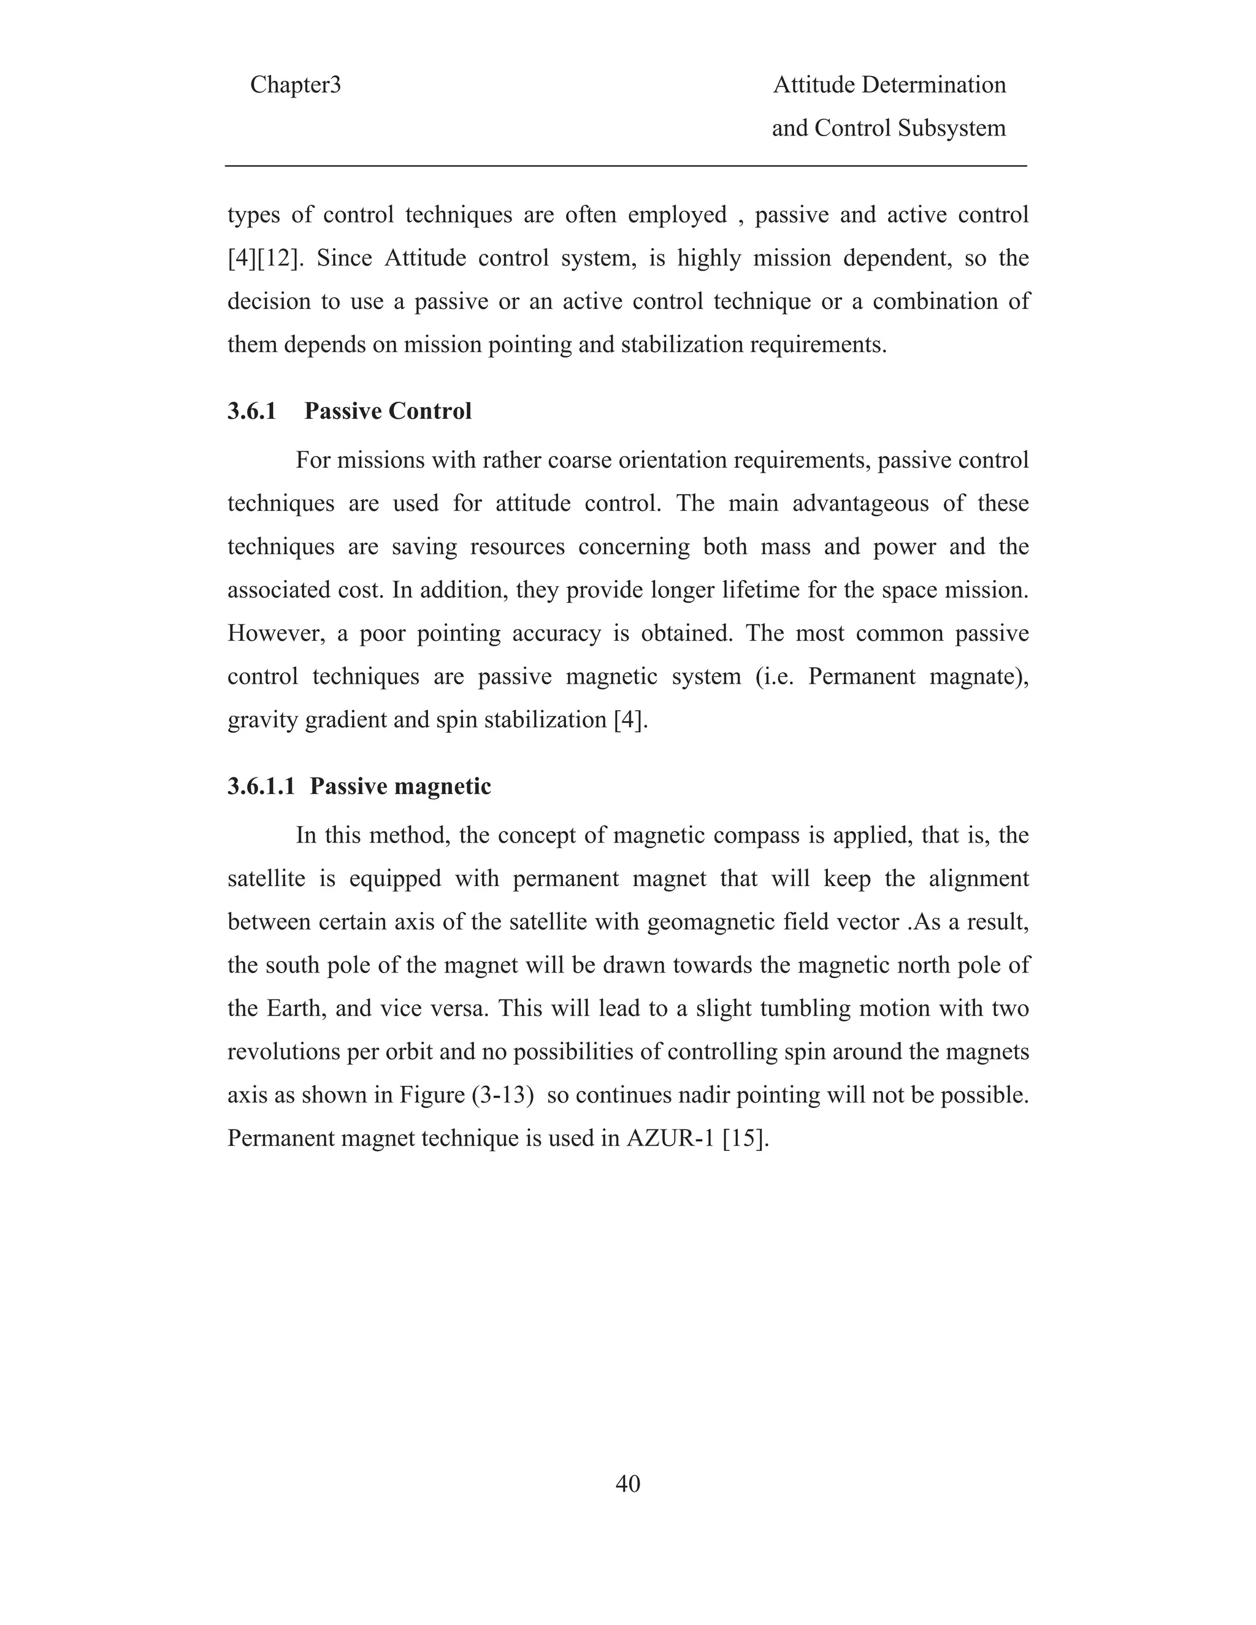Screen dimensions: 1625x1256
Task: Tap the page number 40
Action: tap(627, 1483)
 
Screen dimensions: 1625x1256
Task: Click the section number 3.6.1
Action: tap(251, 411)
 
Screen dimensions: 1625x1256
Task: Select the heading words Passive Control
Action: tap(388, 411)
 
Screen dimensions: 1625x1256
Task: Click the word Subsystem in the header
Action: tap(951, 128)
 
